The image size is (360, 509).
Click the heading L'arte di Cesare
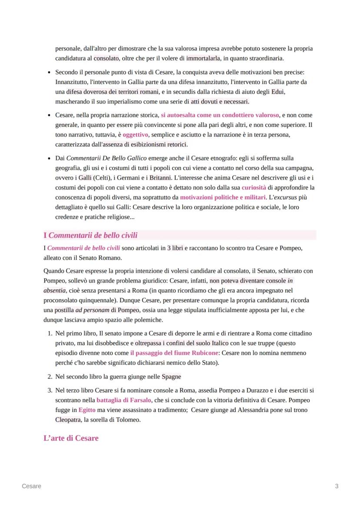(71, 438)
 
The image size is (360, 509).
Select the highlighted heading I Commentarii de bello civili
(90, 236)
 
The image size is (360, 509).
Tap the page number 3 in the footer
(337, 486)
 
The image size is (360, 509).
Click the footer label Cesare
(32, 486)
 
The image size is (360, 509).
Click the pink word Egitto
(87, 410)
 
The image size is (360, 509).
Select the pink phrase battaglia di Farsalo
(124, 400)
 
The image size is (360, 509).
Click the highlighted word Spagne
(171, 376)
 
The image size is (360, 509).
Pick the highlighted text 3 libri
(175, 248)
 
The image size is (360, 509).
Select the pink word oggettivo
(135, 135)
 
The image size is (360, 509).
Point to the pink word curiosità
(254, 188)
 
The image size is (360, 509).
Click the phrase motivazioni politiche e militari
(223, 198)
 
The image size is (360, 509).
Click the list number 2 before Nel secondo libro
(49, 376)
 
